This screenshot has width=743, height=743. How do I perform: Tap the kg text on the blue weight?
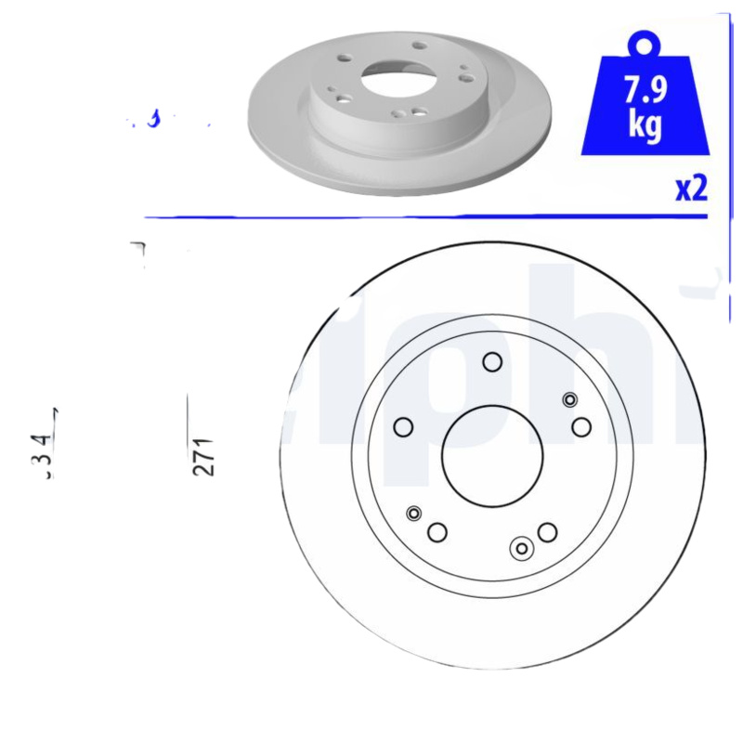(645, 125)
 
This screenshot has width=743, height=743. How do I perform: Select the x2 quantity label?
(691, 189)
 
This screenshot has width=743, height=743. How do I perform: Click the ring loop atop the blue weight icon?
(644, 44)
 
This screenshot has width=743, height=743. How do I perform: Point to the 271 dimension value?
(204, 455)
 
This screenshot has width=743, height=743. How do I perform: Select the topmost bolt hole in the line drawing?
(492, 362)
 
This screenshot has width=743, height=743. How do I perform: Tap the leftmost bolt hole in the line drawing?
(403, 426)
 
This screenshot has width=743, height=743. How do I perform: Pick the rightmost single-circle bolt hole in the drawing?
(581, 426)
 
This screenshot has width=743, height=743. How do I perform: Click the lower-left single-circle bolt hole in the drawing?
(437, 532)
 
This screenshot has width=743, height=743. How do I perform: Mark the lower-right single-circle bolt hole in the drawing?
(547, 532)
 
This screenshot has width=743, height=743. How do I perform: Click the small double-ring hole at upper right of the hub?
(569, 399)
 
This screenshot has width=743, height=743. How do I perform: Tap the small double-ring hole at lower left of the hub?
(414, 513)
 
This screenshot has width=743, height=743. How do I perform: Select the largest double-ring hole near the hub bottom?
(522, 549)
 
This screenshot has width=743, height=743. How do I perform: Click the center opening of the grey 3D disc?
(391, 80)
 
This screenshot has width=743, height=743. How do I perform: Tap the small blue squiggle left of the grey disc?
(152, 118)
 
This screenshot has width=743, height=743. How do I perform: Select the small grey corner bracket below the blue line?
(139, 248)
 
